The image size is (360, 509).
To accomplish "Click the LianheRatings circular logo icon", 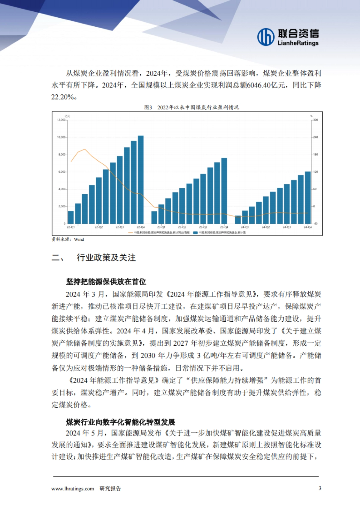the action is [266, 37].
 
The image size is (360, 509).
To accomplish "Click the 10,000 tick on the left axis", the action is [61, 137].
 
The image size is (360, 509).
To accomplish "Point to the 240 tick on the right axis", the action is [316, 137].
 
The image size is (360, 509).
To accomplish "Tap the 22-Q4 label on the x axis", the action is [140, 228].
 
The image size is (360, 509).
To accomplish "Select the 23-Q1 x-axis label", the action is [161, 228].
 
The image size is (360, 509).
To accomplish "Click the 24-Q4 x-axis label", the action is [307, 228].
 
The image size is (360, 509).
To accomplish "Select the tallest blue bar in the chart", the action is [140, 180].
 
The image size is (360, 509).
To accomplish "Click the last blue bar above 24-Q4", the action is [307, 198].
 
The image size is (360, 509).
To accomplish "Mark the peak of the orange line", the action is [85, 149].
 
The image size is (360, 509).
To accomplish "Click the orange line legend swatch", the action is [130, 233].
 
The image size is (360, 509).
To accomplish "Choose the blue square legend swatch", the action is [195, 233].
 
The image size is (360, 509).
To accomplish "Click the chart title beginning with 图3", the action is [191, 107].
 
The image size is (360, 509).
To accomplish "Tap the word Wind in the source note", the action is [79, 240].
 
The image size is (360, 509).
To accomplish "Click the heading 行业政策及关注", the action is [106, 258].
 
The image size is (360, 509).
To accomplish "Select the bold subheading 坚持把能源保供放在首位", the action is [106, 282].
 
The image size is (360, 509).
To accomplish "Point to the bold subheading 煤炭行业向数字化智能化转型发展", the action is [121, 422].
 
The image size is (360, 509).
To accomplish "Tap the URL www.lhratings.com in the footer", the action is [73, 489].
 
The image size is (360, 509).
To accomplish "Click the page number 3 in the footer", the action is [320, 488].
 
